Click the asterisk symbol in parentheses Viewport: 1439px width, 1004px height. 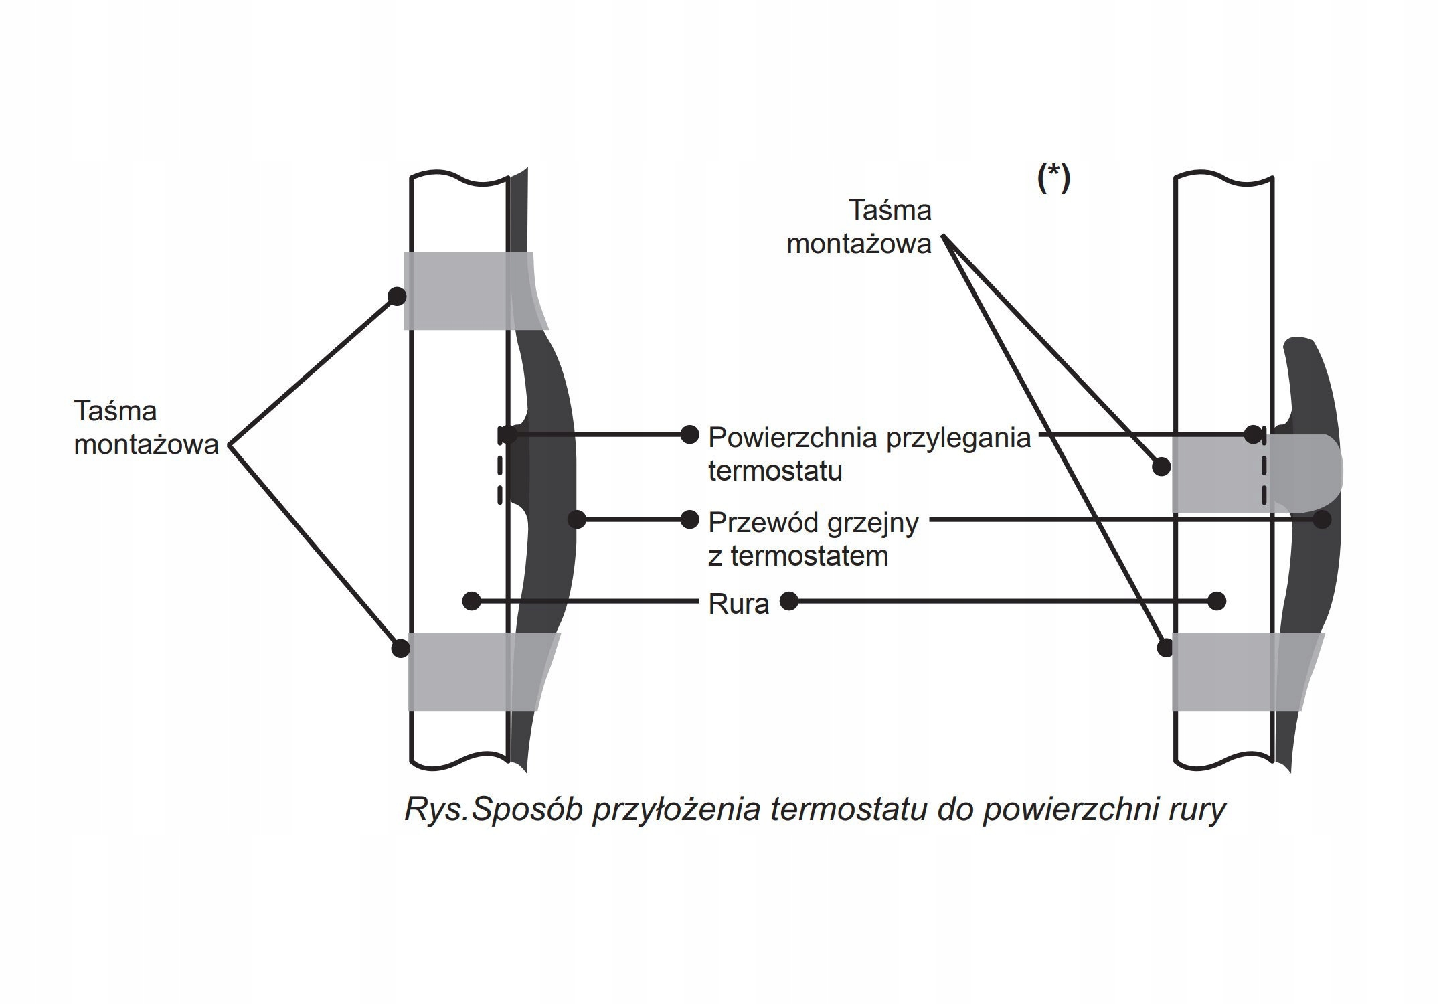(1053, 179)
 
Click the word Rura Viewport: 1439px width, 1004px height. (738, 604)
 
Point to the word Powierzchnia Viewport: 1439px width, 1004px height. (793, 438)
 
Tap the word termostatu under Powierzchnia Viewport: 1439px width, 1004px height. (775, 471)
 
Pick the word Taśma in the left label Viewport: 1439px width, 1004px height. (115, 410)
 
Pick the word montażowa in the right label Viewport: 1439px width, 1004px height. (859, 244)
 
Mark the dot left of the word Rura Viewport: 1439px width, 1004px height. (472, 600)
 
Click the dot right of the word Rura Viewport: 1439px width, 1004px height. (790, 601)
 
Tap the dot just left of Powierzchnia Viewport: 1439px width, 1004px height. (689, 435)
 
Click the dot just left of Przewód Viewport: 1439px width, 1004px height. (689, 519)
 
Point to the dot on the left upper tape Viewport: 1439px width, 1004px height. (397, 296)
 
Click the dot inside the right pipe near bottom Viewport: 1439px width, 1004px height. (1217, 601)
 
